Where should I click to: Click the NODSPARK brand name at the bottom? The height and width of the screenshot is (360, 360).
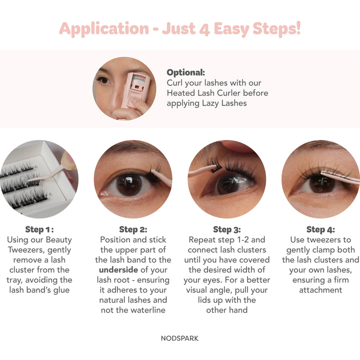pos(180,338)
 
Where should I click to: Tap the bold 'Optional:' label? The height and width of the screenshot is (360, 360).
pos(185,72)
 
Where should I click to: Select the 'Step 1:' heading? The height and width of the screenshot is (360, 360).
pos(39,229)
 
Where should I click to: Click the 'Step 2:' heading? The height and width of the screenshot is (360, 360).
pos(133,229)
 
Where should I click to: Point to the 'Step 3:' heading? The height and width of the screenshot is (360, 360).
pos(227,229)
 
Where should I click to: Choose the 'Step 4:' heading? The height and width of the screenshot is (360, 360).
pos(320,229)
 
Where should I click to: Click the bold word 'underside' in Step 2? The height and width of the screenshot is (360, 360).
pos(118,270)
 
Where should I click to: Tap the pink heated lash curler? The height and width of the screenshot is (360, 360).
pos(136,89)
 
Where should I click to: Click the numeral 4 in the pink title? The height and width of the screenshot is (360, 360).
pos(204,29)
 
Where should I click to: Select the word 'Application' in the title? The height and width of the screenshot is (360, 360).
pos(104,29)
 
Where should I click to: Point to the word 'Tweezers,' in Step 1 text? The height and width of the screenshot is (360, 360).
pos(27,250)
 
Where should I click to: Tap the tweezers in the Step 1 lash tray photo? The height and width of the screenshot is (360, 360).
pos(50,173)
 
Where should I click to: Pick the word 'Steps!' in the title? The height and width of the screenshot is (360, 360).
pos(276,29)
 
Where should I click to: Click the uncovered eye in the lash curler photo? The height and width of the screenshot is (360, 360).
pos(103,80)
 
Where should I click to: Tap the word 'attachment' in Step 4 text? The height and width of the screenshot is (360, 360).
pos(320,290)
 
